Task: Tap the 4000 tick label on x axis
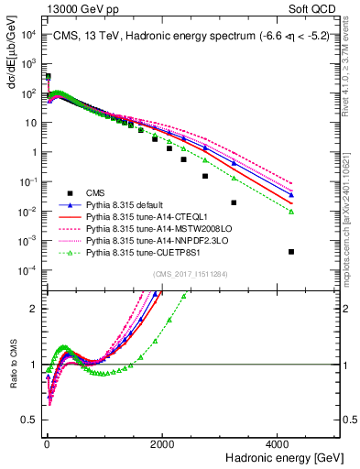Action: point(278,443)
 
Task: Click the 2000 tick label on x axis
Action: point(162,443)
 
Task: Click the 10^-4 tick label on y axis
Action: point(27,269)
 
